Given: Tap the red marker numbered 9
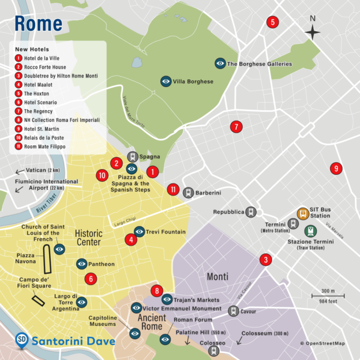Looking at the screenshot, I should pyautogui.click(x=336, y=168).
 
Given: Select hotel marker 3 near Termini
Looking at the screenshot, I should pyautogui.click(x=265, y=260).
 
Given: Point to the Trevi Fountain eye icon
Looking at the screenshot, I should pyautogui.click(x=140, y=232).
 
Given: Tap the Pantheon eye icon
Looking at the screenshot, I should pyautogui.click(x=82, y=264).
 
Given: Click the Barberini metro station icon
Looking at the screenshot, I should pyautogui.click(x=188, y=193).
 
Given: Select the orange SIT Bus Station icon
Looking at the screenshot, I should pyautogui.click(x=302, y=213).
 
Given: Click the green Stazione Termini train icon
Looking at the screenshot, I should pyautogui.click(x=312, y=231).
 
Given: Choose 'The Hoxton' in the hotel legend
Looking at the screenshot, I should pyautogui.click(x=36, y=93).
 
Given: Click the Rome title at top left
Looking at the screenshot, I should pyautogui.click(x=37, y=24).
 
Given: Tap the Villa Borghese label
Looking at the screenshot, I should pyautogui.click(x=193, y=81).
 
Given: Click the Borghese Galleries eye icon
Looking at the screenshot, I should pyautogui.click(x=220, y=63).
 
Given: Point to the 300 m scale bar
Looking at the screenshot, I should pyautogui.click(x=328, y=296).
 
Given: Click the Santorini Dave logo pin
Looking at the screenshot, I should pyautogui.click(x=22, y=340).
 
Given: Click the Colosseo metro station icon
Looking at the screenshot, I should pyautogui.click(x=214, y=350).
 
